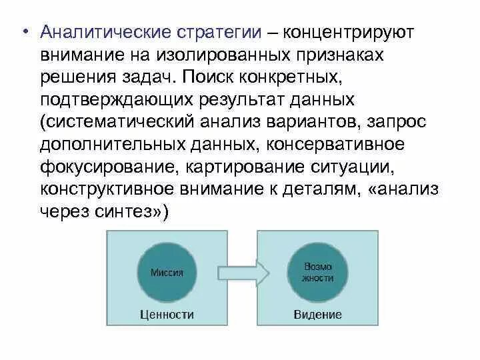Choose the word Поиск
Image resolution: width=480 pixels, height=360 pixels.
pyautogui.click(x=209, y=76)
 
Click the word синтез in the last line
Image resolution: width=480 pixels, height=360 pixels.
pyautogui.click(x=129, y=212)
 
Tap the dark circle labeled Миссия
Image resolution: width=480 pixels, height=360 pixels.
pyautogui.click(x=167, y=272)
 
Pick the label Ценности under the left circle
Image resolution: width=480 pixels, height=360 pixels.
pyautogui.click(x=167, y=315)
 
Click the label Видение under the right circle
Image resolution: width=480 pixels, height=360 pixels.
pyautogui.click(x=318, y=315)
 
